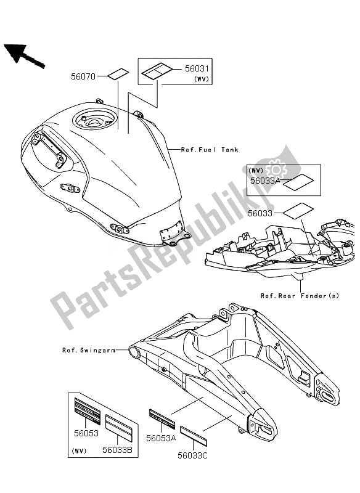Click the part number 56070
[x=83, y=76]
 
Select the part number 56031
[x=197, y=68]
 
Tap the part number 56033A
[x=265, y=181]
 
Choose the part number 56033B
[x=117, y=450]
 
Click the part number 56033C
[x=193, y=455]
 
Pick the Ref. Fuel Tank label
[x=210, y=150]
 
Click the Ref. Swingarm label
[x=89, y=350]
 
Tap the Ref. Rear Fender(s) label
[x=300, y=296]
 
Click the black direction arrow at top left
[x=24, y=55]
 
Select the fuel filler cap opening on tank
[x=93, y=120]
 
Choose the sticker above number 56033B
[x=119, y=428]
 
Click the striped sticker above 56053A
[x=162, y=418]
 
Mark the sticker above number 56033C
[x=194, y=436]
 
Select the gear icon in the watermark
[x=276, y=169]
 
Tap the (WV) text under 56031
[x=202, y=79]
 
